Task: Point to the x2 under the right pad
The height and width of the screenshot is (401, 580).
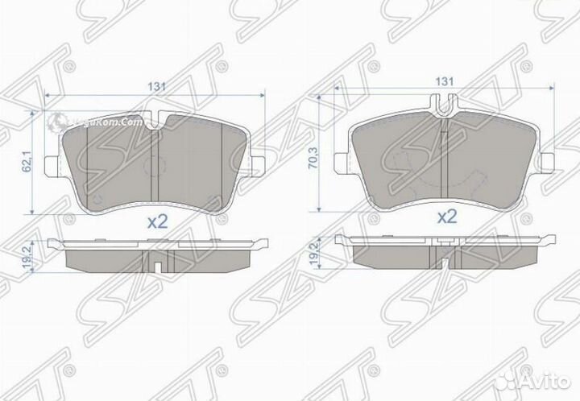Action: pyautogui.click(x=445, y=216)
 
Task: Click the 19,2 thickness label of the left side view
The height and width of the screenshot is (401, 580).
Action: pyautogui.click(x=27, y=257)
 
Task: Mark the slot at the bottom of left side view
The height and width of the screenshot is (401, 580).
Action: pyautogui.click(x=159, y=264)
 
